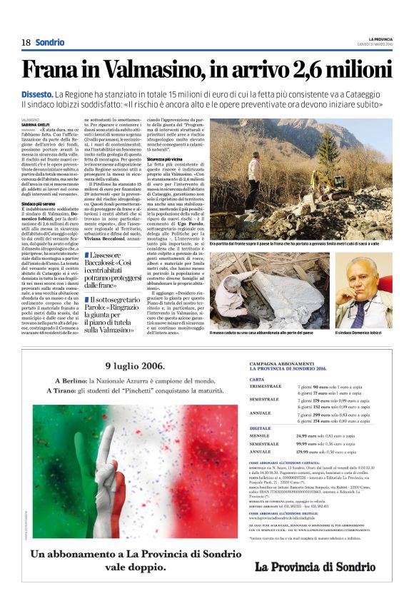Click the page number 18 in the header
tap(26, 42)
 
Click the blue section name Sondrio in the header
tap(49, 42)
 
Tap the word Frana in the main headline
tap(51, 69)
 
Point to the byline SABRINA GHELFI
tap(35, 124)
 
